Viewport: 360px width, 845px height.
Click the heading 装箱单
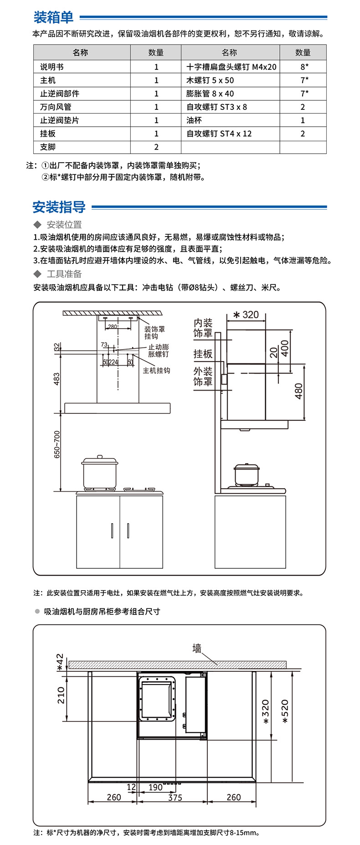[x=53, y=17]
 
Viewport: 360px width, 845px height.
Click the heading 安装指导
[x=59, y=207]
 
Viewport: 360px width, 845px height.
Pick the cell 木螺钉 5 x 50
[x=210, y=80]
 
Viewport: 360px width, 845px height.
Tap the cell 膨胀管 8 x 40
[x=210, y=93]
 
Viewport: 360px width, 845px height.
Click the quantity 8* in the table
[x=304, y=67]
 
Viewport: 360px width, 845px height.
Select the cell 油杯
[x=194, y=120]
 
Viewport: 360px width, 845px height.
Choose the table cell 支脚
[x=47, y=147]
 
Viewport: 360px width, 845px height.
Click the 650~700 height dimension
[x=57, y=444]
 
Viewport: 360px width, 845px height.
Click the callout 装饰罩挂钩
[x=154, y=333]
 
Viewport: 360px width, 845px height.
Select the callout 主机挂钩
[x=156, y=371]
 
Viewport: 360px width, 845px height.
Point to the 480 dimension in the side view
[x=299, y=391]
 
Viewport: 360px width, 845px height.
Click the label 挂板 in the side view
[x=203, y=354]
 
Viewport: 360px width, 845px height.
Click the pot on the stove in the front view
[x=100, y=472]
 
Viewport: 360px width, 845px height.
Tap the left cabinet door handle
[x=112, y=531]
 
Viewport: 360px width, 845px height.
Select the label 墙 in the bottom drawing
[x=197, y=648]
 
